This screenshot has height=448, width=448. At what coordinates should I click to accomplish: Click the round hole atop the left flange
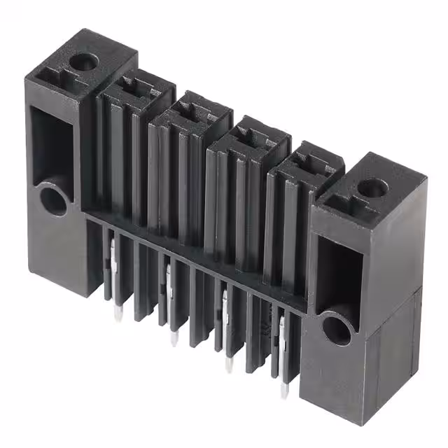tap(84, 62)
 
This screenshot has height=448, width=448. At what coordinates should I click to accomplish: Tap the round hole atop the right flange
tap(372, 187)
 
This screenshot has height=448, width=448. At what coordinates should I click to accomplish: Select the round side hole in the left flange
tap(52, 199)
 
